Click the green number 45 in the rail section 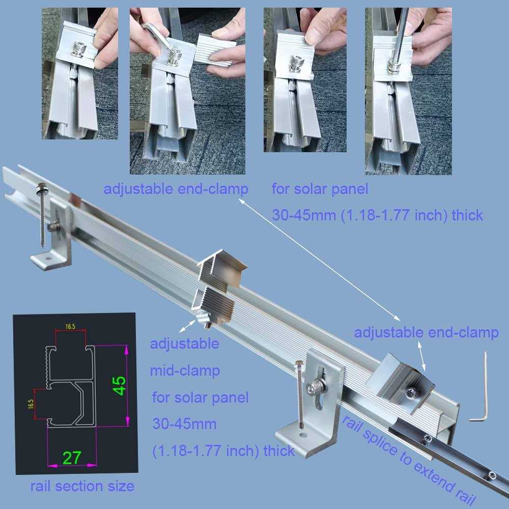(x=120, y=386)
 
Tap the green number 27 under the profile (x=72, y=458)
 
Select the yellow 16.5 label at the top (x=70, y=326)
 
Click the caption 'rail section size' (x=82, y=486)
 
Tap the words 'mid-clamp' (x=185, y=371)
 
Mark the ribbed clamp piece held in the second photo (x=214, y=52)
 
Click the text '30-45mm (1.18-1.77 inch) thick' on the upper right (x=378, y=215)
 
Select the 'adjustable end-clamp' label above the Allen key (x=426, y=333)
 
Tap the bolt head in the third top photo (x=296, y=62)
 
